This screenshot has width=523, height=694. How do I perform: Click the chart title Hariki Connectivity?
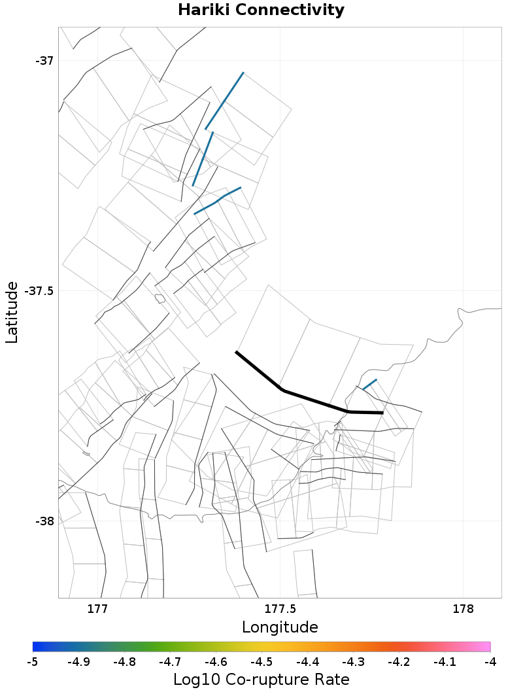(x=261, y=10)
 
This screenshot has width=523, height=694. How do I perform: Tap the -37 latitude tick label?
(x=44, y=61)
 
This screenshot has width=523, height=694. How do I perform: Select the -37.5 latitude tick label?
(x=39, y=291)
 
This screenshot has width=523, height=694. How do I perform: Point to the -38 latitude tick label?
(x=44, y=521)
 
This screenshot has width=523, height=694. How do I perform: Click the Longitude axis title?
(x=280, y=627)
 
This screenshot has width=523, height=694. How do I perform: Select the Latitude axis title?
(x=12, y=312)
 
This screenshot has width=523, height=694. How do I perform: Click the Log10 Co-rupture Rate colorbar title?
(x=261, y=680)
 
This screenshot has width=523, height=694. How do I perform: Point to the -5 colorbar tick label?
(x=33, y=662)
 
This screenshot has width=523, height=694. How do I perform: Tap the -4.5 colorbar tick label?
(x=261, y=662)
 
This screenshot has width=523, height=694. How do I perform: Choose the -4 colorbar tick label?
(x=490, y=662)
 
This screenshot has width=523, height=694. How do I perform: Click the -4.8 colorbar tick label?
(x=124, y=662)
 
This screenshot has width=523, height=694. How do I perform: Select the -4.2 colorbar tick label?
(x=399, y=662)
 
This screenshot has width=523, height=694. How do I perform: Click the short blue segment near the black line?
(x=370, y=384)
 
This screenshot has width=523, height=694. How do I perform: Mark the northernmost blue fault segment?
(x=224, y=101)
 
